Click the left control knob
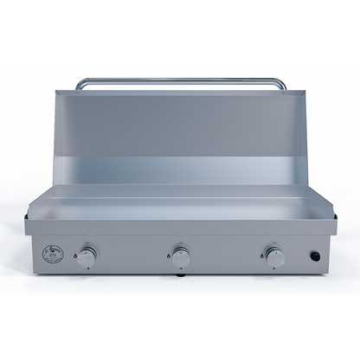[x=87, y=256]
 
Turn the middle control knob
[x=181, y=256]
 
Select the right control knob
[x=274, y=256]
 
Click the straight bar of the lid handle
[x=180, y=81]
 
